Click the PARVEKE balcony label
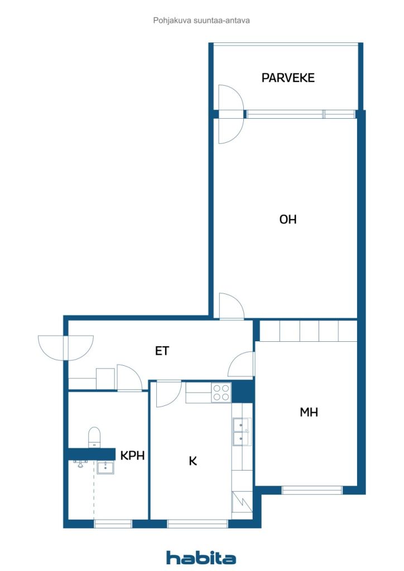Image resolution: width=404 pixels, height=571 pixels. click(x=288, y=78)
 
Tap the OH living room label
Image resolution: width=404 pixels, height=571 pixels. click(x=288, y=219)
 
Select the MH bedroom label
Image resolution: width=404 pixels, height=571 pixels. click(x=309, y=412)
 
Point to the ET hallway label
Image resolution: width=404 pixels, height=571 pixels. click(x=162, y=351)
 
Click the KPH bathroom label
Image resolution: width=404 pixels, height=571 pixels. click(x=133, y=455)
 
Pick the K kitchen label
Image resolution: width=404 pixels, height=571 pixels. click(x=193, y=461)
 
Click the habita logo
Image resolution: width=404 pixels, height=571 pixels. click(x=201, y=558)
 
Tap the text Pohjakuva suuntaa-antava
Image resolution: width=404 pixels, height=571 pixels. click(x=201, y=21)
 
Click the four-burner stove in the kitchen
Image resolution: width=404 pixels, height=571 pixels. click(x=221, y=393)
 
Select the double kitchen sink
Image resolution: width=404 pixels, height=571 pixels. click(x=242, y=432)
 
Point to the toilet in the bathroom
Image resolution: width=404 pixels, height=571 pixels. click(x=94, y=437)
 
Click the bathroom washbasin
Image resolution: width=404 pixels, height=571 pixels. click(x=105, y=467)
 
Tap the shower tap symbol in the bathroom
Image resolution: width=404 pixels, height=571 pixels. click(x=80, y=463)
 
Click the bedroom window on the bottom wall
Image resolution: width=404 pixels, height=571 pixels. click(x=312, y=490)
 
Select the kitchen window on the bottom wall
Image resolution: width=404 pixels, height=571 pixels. click(x=198, y=524)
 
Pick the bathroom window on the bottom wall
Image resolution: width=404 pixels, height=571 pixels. click(x=113, y=524)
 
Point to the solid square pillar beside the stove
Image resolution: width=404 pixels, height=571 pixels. click(x=242, y=391)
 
